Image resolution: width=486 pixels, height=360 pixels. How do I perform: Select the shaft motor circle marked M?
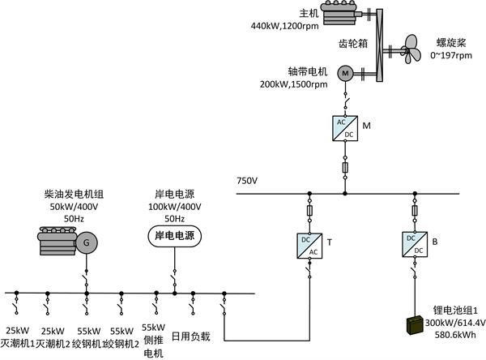(344, 73)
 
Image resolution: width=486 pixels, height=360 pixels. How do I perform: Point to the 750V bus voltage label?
(246, 180)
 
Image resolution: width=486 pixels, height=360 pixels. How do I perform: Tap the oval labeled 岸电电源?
(174, 236)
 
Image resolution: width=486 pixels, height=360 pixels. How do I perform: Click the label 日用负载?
(197, 334)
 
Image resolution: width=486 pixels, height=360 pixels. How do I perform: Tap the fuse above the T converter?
(309, 210)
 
